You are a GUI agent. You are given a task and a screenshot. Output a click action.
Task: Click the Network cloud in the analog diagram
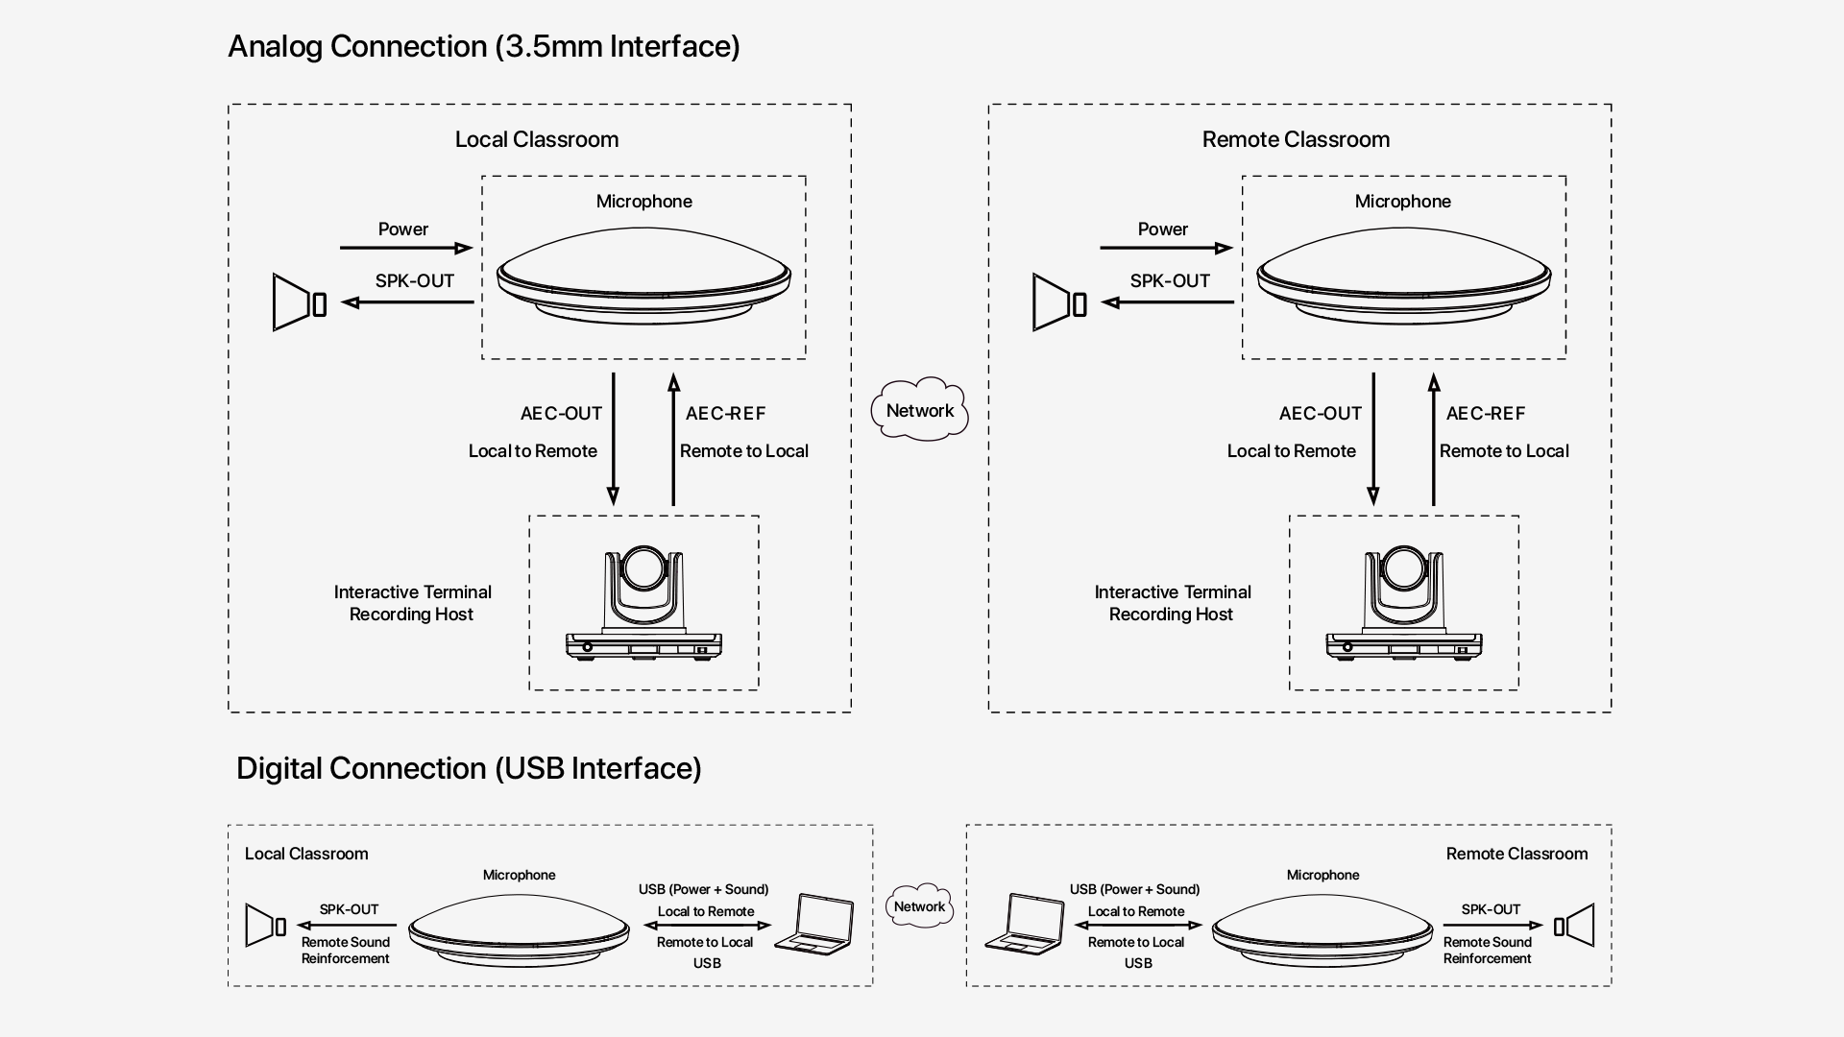click(919, 410)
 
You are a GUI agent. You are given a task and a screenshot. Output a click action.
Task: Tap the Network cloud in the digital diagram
click(919, 906)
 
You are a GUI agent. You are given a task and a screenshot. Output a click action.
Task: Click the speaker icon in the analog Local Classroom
click(299, 302)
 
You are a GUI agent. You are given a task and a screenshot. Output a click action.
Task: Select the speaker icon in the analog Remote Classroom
click(1058, 302)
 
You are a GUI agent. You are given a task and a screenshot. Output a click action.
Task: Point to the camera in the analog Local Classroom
click(643, 604)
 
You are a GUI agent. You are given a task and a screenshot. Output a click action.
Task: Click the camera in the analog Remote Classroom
click(1403, 604)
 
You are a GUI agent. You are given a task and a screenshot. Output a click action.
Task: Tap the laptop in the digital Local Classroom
click(815, 924)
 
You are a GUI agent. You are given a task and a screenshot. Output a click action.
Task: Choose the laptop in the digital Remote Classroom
click(1025, 924)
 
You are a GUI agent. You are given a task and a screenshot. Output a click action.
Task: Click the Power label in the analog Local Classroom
click(402, 229)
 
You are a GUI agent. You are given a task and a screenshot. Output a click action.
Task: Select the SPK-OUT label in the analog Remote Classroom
click(1169, 281)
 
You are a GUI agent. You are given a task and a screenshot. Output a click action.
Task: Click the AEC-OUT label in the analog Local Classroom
click(561, 414)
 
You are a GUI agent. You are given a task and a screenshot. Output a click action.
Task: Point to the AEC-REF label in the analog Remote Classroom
click(1485, 414)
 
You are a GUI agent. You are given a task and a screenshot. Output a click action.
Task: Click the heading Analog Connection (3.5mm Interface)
click(483, 46)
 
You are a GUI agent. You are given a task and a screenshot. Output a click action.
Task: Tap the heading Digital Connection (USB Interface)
click(469, 768)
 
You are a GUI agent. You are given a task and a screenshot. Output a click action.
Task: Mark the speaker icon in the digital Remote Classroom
click(1574, 926)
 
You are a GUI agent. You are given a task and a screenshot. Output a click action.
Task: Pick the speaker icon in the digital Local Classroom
click(265, 926)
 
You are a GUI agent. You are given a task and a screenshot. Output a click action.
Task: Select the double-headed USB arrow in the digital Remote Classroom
click(1138, 926)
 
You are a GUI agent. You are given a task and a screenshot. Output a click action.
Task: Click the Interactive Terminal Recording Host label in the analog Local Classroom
click(412, 603)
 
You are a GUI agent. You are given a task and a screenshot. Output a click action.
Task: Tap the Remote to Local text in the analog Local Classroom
click(743, 451)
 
